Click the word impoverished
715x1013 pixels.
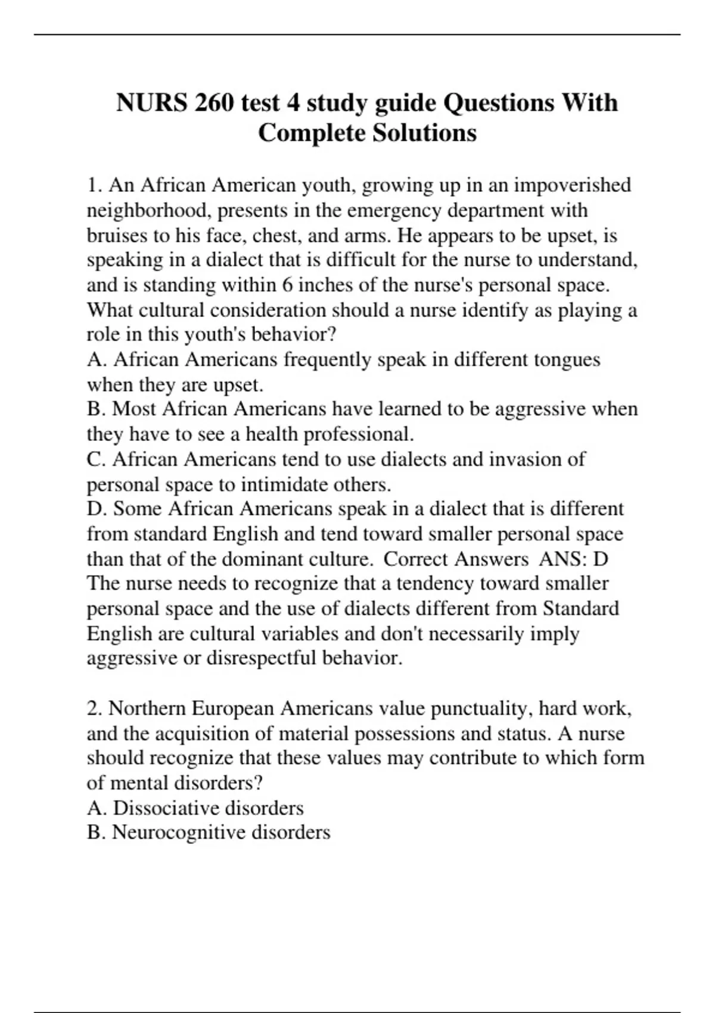pyautogui.click(x=572, y=185)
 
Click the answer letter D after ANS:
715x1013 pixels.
pyautogui.click(x=601, y=559)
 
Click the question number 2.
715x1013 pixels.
pyautogui.click(x=93, y=709)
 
